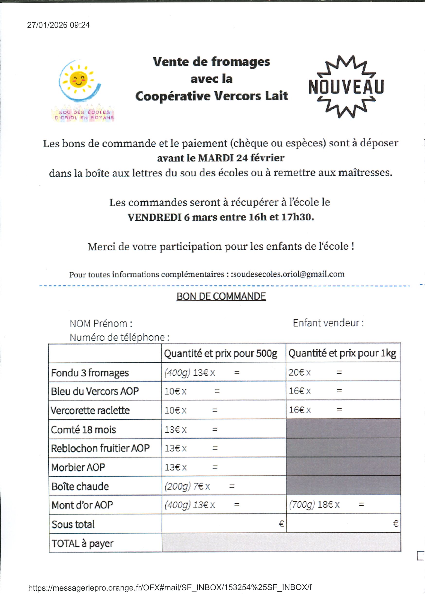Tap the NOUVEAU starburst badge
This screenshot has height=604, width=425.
[x=346, y=87]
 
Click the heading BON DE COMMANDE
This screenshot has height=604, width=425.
[x=221, y=296]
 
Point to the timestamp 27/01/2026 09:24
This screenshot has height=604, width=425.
[x=58, y=25]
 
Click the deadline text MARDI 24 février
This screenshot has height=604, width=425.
[x=241, y=158]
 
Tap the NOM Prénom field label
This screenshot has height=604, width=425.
[x=101, y=323]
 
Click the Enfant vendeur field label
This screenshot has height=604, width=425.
[x=328, y=323]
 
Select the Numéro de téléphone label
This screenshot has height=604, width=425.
[x=119, y=337]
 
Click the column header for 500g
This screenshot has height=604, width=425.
[x=221, y=353]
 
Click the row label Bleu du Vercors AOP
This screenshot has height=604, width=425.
[x=95, y=391]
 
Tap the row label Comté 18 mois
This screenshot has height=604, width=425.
[x=83, y=430]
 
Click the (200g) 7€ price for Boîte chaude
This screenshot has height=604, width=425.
[x=184, y=486]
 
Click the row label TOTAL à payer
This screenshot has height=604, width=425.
[x=82, y=543]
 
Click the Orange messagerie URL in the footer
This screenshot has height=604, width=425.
[x=170, y=587]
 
